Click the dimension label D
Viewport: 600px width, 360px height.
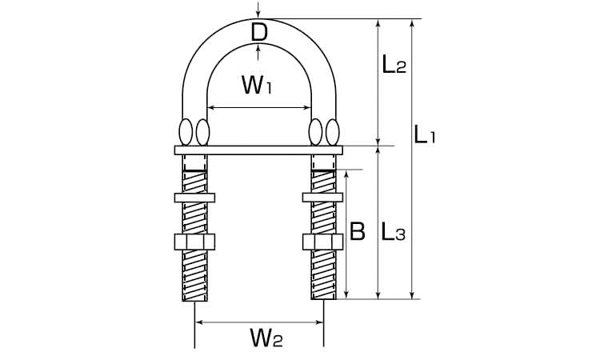(259, 33)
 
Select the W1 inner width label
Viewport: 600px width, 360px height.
(257, 85)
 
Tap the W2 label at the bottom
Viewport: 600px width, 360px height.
(266, 337)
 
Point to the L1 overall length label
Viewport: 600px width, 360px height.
(425, 135)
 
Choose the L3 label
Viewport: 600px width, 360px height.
(393, 232)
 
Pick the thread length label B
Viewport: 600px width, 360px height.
(358, 231)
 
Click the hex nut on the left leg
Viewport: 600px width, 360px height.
(194, 242)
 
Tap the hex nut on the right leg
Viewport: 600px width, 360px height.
(322, 242)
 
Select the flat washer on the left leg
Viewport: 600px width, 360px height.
(194, 198)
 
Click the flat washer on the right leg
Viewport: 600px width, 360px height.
(322, 198)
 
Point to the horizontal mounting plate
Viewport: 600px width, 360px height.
(258, 150)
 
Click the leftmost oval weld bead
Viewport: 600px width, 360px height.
(186, 132)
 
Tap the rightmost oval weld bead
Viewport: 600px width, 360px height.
(332, 132)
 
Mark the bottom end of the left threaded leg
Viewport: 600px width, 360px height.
(195, 301)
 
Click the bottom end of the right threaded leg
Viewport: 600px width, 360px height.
(324, 299)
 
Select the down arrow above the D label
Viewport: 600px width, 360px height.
(258, 10)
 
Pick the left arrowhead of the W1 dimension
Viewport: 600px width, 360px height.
(211, 108)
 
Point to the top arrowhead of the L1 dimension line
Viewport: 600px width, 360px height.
(412, 23)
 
